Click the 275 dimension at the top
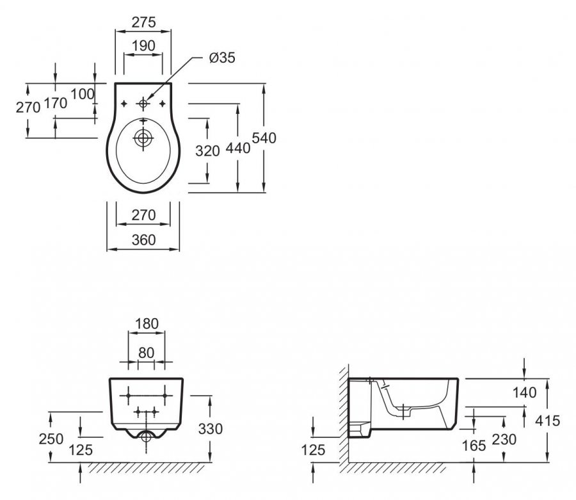point(143,22)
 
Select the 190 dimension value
point(143,46)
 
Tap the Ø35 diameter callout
point(223,58)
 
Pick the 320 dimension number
point(207,150)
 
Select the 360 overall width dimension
point(143,240)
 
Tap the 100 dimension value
point(82,94)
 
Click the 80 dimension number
point(147,352)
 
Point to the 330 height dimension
point(211,428)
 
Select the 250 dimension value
point(51,439)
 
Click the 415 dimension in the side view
point(547,421)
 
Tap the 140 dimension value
point(524,392)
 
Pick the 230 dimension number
point(505,439)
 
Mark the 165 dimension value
point(474,446)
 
